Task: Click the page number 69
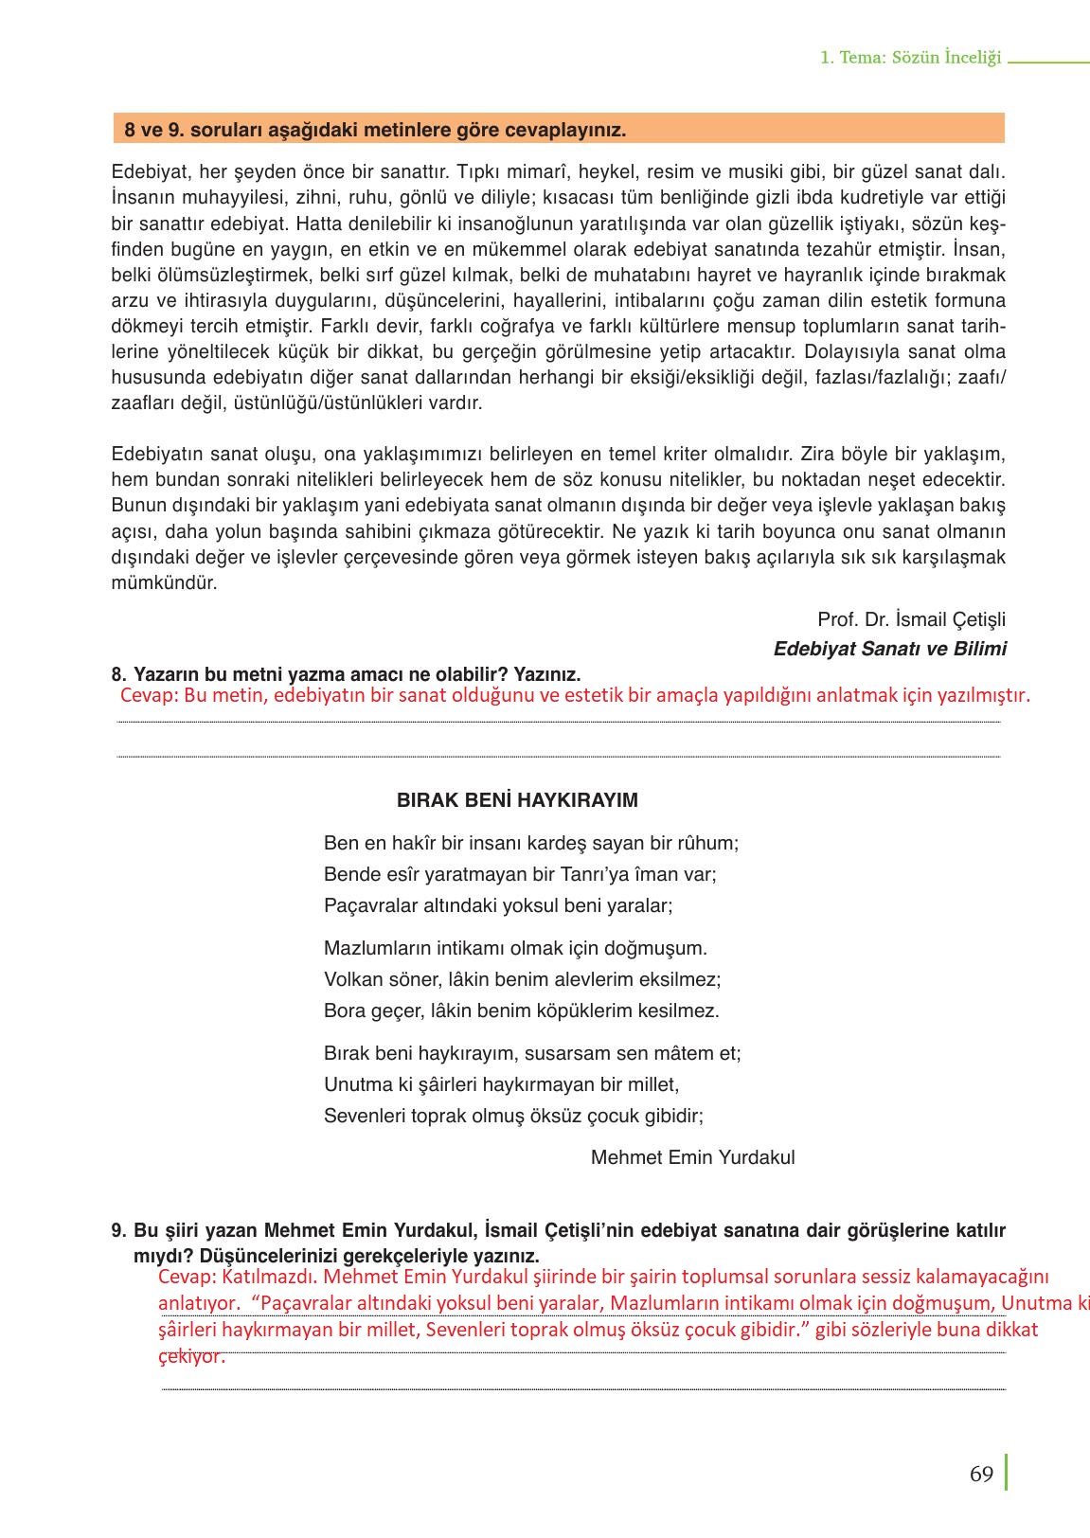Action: pos(981,1475)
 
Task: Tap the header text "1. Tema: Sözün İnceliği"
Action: pos(910,58)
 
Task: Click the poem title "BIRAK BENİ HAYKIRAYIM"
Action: pos(517,800)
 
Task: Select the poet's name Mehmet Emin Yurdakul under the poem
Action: pos(692,1157)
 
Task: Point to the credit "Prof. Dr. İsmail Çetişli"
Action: pos(911,619)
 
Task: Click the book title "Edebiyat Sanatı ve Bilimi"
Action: pos(889,649)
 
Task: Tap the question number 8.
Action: pos(117,674)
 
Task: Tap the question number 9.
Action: pos(117,1230)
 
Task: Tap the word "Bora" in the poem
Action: pos(343,1010)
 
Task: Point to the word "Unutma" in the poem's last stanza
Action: pos(356,1084)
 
